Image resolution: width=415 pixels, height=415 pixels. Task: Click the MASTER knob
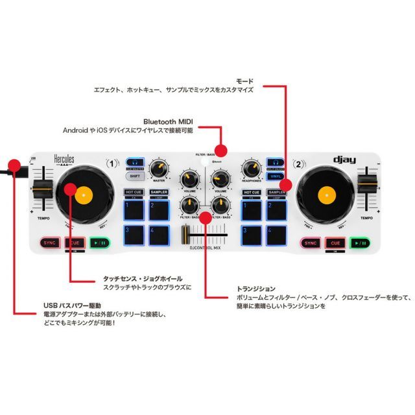(158, 167)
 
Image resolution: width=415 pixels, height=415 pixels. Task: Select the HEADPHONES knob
(251, 167)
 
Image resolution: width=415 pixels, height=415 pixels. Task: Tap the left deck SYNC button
(49, 243)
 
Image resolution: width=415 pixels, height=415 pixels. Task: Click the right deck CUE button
(335, 243)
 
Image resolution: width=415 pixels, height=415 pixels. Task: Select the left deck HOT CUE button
(134, 193)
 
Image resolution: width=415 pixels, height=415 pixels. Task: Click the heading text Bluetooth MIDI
(169, 121)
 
